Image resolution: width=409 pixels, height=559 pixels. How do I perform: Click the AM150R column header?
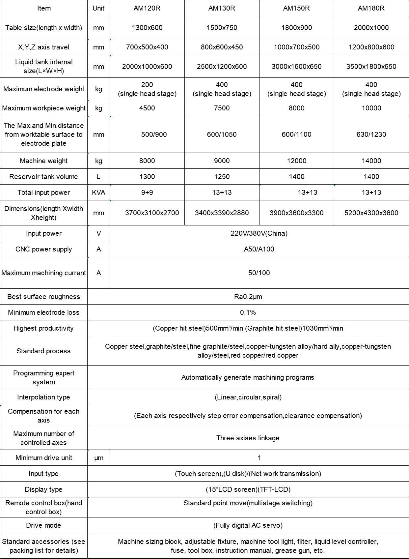296,8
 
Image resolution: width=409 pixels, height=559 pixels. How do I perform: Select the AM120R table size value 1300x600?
147,28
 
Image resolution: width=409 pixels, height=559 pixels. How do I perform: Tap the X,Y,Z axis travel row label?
43,47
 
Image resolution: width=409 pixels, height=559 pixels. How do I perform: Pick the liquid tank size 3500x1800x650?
371,67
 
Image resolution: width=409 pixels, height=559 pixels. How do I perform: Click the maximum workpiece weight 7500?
222,108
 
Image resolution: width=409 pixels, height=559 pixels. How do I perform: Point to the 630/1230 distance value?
371,134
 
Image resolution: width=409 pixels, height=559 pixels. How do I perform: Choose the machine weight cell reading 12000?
296,161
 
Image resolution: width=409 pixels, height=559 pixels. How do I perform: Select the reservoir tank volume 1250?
222,177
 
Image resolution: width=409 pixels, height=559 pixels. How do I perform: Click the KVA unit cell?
98,192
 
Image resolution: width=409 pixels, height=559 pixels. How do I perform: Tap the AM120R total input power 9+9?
147,192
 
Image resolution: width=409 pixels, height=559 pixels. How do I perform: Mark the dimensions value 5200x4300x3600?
371,213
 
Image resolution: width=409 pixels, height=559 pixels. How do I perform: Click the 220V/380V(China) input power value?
259,233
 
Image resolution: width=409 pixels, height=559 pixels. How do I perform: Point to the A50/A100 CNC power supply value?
259,249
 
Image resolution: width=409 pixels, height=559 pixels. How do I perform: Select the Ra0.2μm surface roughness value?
248,297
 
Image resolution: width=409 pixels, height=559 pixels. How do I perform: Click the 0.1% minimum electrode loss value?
248,312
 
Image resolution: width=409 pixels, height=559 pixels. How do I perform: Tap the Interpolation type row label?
43,397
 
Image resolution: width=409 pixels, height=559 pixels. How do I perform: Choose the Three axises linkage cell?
248,438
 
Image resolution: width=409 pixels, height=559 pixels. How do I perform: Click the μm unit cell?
98,458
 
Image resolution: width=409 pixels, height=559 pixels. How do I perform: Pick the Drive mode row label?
43,525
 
